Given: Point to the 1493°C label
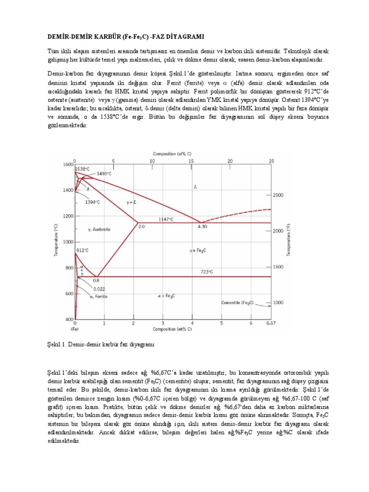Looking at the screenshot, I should [104, 173].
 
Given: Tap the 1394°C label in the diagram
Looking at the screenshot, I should [93, 202].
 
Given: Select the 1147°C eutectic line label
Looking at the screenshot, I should [166, 219].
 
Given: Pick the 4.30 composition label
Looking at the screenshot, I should [202, 226].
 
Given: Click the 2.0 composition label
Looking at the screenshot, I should [142, 226].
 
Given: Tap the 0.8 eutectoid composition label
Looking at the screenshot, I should [96, 280].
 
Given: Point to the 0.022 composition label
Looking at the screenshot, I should [100, 288].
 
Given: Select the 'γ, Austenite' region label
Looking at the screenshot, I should [99, 230].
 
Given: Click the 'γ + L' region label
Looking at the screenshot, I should [131, 202].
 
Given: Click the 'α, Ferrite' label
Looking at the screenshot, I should [98, 296].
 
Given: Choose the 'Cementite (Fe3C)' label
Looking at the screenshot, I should [237, 303].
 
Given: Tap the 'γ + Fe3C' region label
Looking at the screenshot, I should [197, 250].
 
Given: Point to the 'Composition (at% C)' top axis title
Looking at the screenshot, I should [172, 154].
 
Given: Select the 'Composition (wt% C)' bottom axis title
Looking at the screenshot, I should [172, 329].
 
